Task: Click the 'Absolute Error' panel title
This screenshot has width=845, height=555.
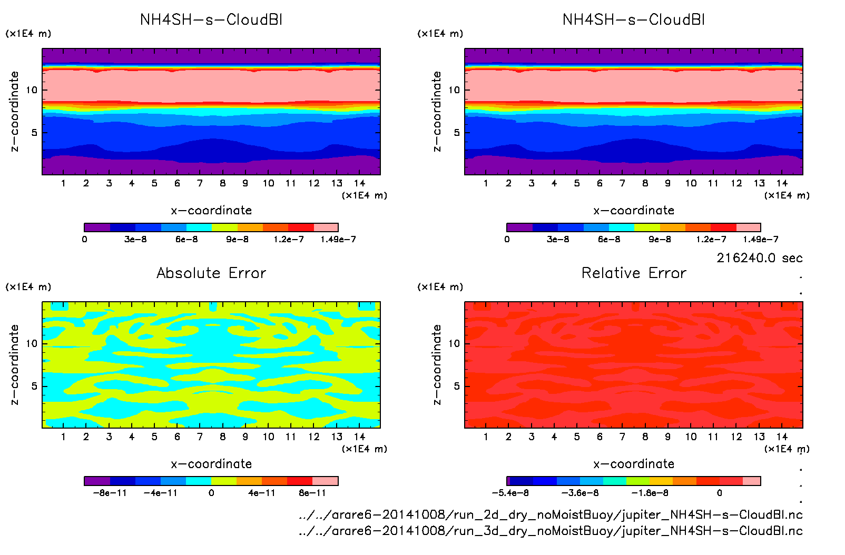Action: tap(211, 273)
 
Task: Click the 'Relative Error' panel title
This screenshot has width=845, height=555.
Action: tap(634, 273)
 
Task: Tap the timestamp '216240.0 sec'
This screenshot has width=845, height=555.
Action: tap(759, 258)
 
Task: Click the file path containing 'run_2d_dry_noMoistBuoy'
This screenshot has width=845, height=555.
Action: tap(551, 514)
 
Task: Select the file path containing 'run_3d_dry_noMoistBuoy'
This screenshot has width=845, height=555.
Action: tap(551, 531)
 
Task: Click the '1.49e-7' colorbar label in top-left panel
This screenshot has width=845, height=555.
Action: tap(338, 240)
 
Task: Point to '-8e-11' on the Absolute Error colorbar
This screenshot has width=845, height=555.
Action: tap(110, 493)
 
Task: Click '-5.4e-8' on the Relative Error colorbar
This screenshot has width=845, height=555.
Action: tap(510, 493)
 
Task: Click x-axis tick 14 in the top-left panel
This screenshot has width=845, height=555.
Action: tap(359, 183)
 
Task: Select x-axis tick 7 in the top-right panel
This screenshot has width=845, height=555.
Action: tap(622, 183)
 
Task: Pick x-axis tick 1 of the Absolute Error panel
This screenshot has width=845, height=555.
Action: tap(63, 437)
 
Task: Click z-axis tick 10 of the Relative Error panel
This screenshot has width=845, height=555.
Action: tap(454, 344)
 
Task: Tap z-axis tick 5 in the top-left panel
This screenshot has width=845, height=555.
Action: tap(34, 133)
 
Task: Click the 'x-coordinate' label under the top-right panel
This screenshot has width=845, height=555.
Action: tap(634, 211)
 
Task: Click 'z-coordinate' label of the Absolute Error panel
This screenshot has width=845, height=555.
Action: tap(14, 364)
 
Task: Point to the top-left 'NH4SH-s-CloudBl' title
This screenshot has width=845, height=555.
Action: tap(211, 20)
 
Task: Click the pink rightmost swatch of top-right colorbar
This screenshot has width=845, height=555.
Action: tap(748, 227)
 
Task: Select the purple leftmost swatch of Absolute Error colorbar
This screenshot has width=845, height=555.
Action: tap(97, 481)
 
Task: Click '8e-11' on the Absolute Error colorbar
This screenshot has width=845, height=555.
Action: tap(312, 493)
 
